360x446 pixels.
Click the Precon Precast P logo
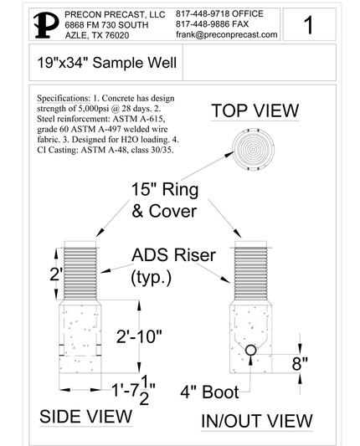coord(46,25)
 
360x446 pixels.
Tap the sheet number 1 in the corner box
coord(308,25)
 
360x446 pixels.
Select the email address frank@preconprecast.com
coord(227,34)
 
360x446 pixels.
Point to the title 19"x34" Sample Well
coord(106,63)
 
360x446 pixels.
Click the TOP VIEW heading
coord(255,110)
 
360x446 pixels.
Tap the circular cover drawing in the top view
coord(253,149)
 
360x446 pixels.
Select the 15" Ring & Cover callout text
coord(165,200)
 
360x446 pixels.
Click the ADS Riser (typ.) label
coord(173,267)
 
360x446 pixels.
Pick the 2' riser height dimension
coord(55,274)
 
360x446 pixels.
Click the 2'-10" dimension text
coord(139,336)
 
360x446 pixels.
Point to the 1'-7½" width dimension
coord(133,390)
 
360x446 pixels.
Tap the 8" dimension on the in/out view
coord(300,363)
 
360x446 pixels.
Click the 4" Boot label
coord(209,392)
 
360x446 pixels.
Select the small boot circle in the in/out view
coord(250,351)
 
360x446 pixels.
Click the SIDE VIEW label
coord(85,417)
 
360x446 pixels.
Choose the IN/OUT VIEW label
coord(257,421)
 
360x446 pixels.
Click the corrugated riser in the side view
coord(80,274)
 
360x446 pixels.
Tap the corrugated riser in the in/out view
coord(250,274)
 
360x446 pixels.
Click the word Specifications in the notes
coord(63,99)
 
